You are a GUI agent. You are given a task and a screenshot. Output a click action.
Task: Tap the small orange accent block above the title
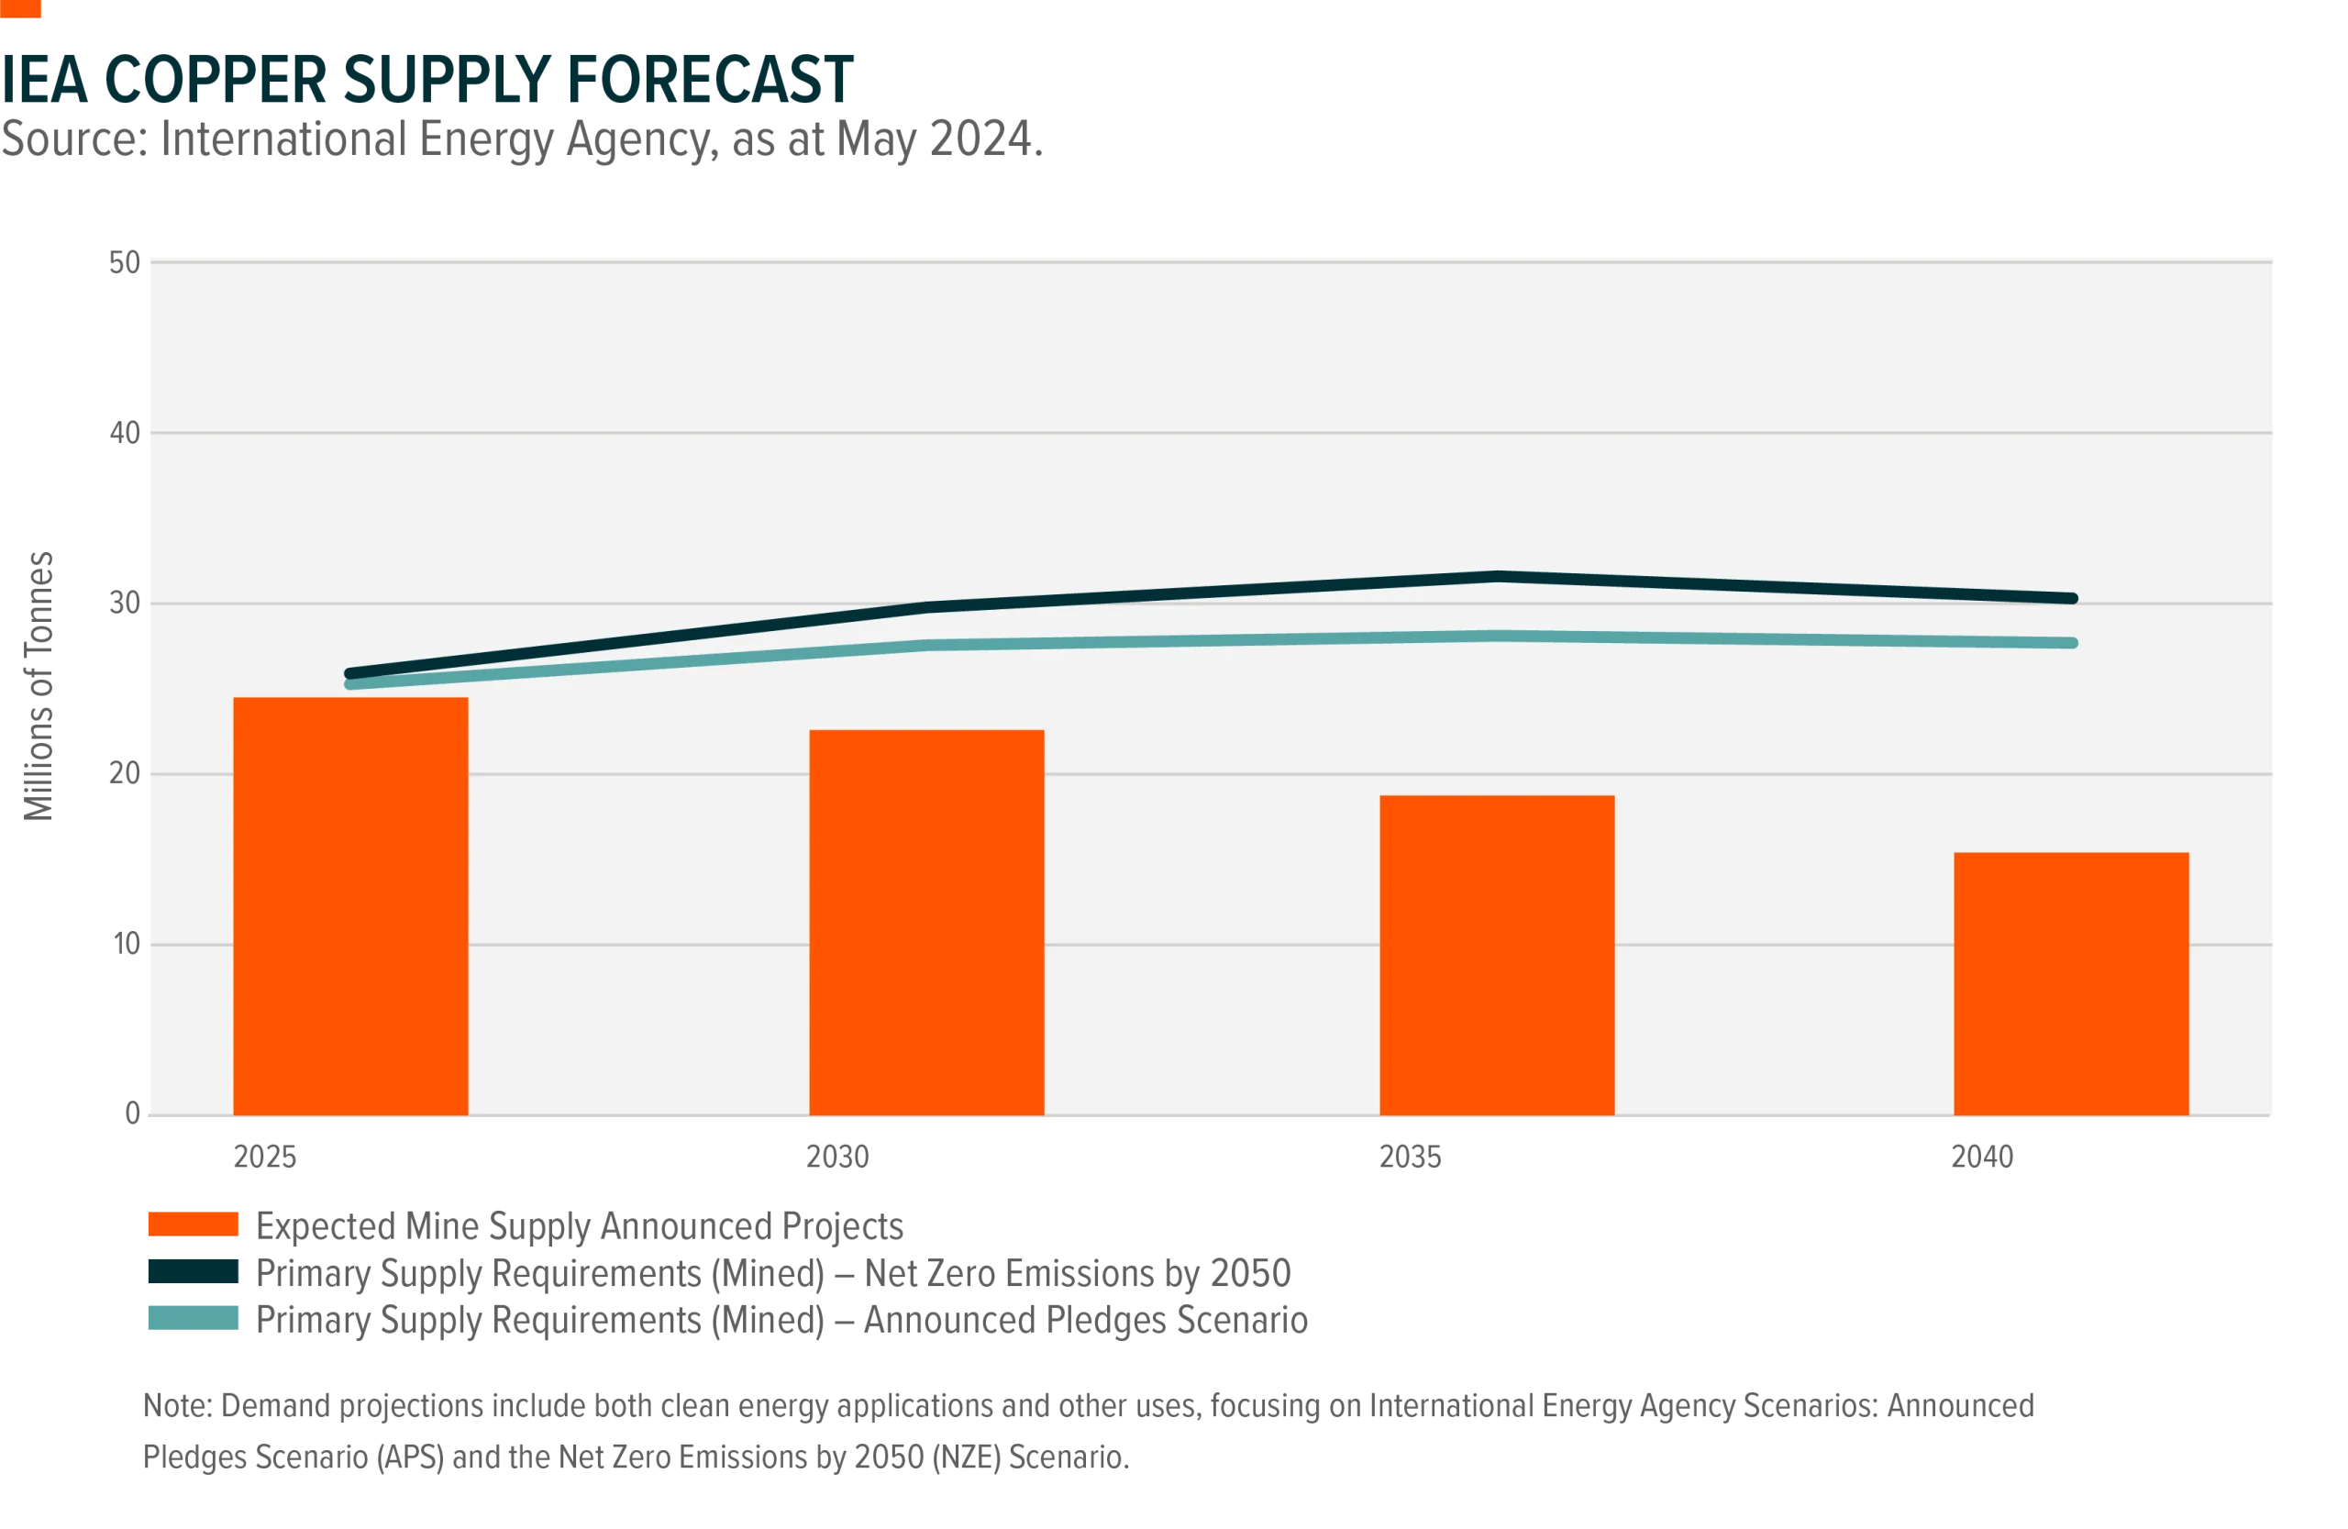tap(22, 10)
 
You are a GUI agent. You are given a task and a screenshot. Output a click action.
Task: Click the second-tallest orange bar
tap(926, 923)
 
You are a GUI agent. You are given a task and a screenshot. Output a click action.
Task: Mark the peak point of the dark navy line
tap(1497, 576)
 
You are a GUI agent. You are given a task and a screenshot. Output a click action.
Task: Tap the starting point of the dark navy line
tap(350, 674)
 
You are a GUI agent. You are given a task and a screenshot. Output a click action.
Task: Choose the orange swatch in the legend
tap(194, 1225)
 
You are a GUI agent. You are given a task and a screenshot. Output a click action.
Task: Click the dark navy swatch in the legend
tap(194, 1270)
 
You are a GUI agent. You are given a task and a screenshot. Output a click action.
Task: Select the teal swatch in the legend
tap(194, 1317)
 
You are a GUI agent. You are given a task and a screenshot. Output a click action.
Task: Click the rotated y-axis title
tap(40, 685)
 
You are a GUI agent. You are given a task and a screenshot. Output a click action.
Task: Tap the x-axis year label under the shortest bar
tap(1985, 1158)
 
